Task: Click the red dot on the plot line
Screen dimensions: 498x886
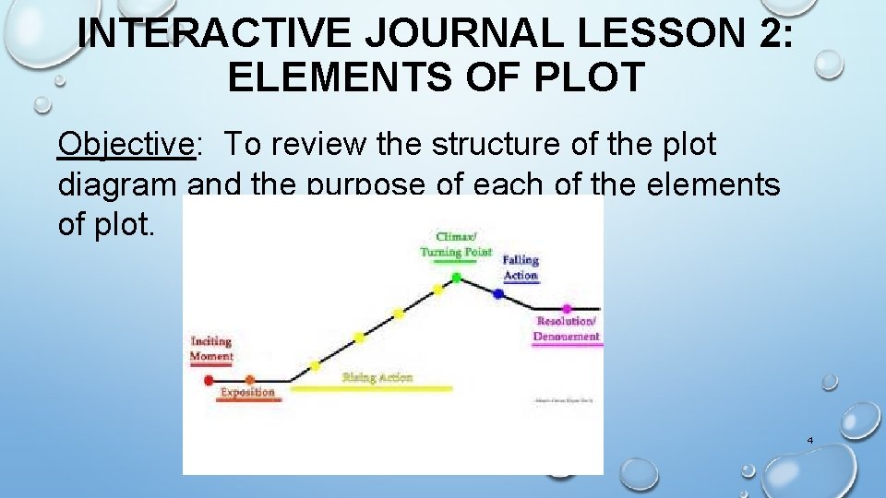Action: click(209, 379)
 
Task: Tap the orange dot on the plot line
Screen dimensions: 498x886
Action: click(250, 379)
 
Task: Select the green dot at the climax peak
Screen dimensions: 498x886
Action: click(456, 277)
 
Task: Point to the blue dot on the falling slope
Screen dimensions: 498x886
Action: click(498, 294)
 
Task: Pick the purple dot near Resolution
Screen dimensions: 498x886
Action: click(566, 308)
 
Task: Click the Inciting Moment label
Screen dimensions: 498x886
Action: click(211, 349)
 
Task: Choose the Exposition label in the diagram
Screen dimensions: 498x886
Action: click(247, 393)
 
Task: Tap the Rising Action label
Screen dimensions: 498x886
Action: click(377, 377)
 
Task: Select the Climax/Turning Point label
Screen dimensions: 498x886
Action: click(456, 244)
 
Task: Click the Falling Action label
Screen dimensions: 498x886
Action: click(521, 267)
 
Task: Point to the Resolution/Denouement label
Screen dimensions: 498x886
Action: click(567, 329)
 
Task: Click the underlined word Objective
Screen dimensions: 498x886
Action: click(126, 144)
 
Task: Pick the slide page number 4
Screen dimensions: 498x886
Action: click(809, 440)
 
